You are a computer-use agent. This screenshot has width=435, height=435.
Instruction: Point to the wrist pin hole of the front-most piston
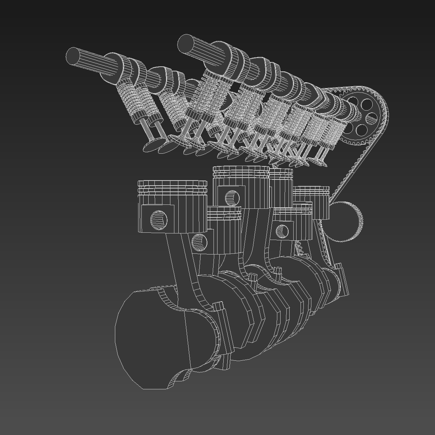pyautogui.click(x=159, y=220)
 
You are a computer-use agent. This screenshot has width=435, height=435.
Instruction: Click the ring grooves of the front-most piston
pyautogui.click(x=172, y=188)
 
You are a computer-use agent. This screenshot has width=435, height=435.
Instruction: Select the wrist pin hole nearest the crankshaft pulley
pyautogui.click(x=282, y=231)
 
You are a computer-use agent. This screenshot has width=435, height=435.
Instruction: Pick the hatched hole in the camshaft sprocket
pyautogui.click(x=371, y=118)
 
